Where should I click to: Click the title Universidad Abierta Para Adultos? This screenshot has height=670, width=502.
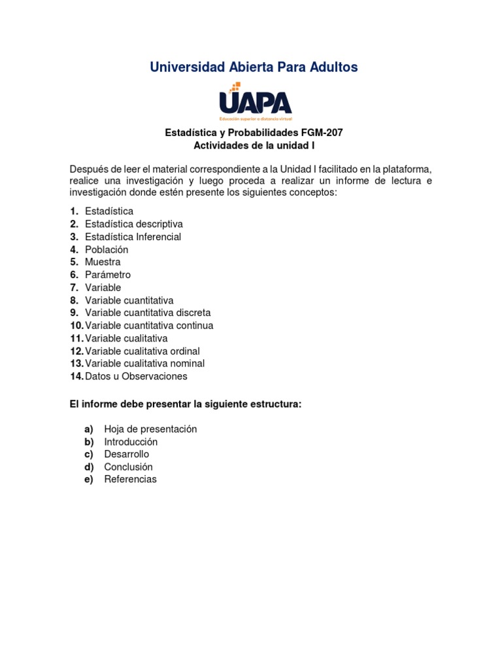tap(254, 67)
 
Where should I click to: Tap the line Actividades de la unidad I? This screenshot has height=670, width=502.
tap(254, 145)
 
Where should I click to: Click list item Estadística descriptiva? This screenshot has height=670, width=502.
tap(134, 224)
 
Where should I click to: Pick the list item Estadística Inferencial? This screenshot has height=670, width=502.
tap(133, 237)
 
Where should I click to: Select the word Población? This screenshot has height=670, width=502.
tap(107, 249)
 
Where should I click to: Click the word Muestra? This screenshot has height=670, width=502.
tap(103, 262)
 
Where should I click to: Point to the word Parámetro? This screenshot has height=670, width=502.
tap(108, 275)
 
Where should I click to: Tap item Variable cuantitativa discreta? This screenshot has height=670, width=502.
tap(148, 313)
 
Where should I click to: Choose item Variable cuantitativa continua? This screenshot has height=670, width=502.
tap(149, 325)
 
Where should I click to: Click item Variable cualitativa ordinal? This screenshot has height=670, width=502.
tap(142, 351)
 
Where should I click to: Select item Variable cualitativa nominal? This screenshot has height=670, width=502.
tap(144, 363)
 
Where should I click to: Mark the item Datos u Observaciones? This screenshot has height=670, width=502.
tap(136, 376)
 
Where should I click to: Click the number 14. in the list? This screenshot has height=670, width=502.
tap(76, 376)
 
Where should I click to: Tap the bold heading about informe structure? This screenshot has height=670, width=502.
tap(186, 404)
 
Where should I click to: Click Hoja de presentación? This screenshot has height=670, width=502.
tap(150, 429)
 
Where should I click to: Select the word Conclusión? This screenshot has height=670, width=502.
tap(128, 467)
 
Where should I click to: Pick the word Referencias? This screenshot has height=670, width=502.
tap(130, 479)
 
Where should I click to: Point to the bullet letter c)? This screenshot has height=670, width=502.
tap(89, 454)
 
